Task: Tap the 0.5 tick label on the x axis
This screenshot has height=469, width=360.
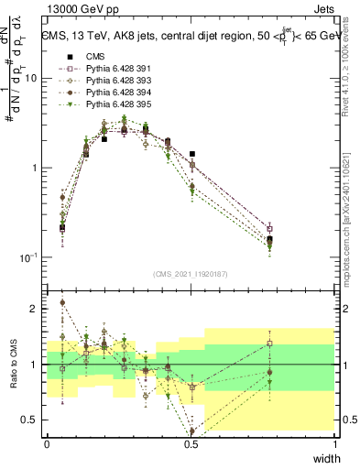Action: click(191, 443)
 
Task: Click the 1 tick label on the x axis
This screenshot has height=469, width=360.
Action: click(335, 443)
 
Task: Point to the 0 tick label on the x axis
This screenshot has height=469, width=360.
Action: click(47, 443)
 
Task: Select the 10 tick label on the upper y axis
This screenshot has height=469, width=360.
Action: click(31, 79)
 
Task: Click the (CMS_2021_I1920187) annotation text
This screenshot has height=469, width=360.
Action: click(191, 274)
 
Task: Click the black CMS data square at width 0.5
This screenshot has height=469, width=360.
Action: click(191, 155)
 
